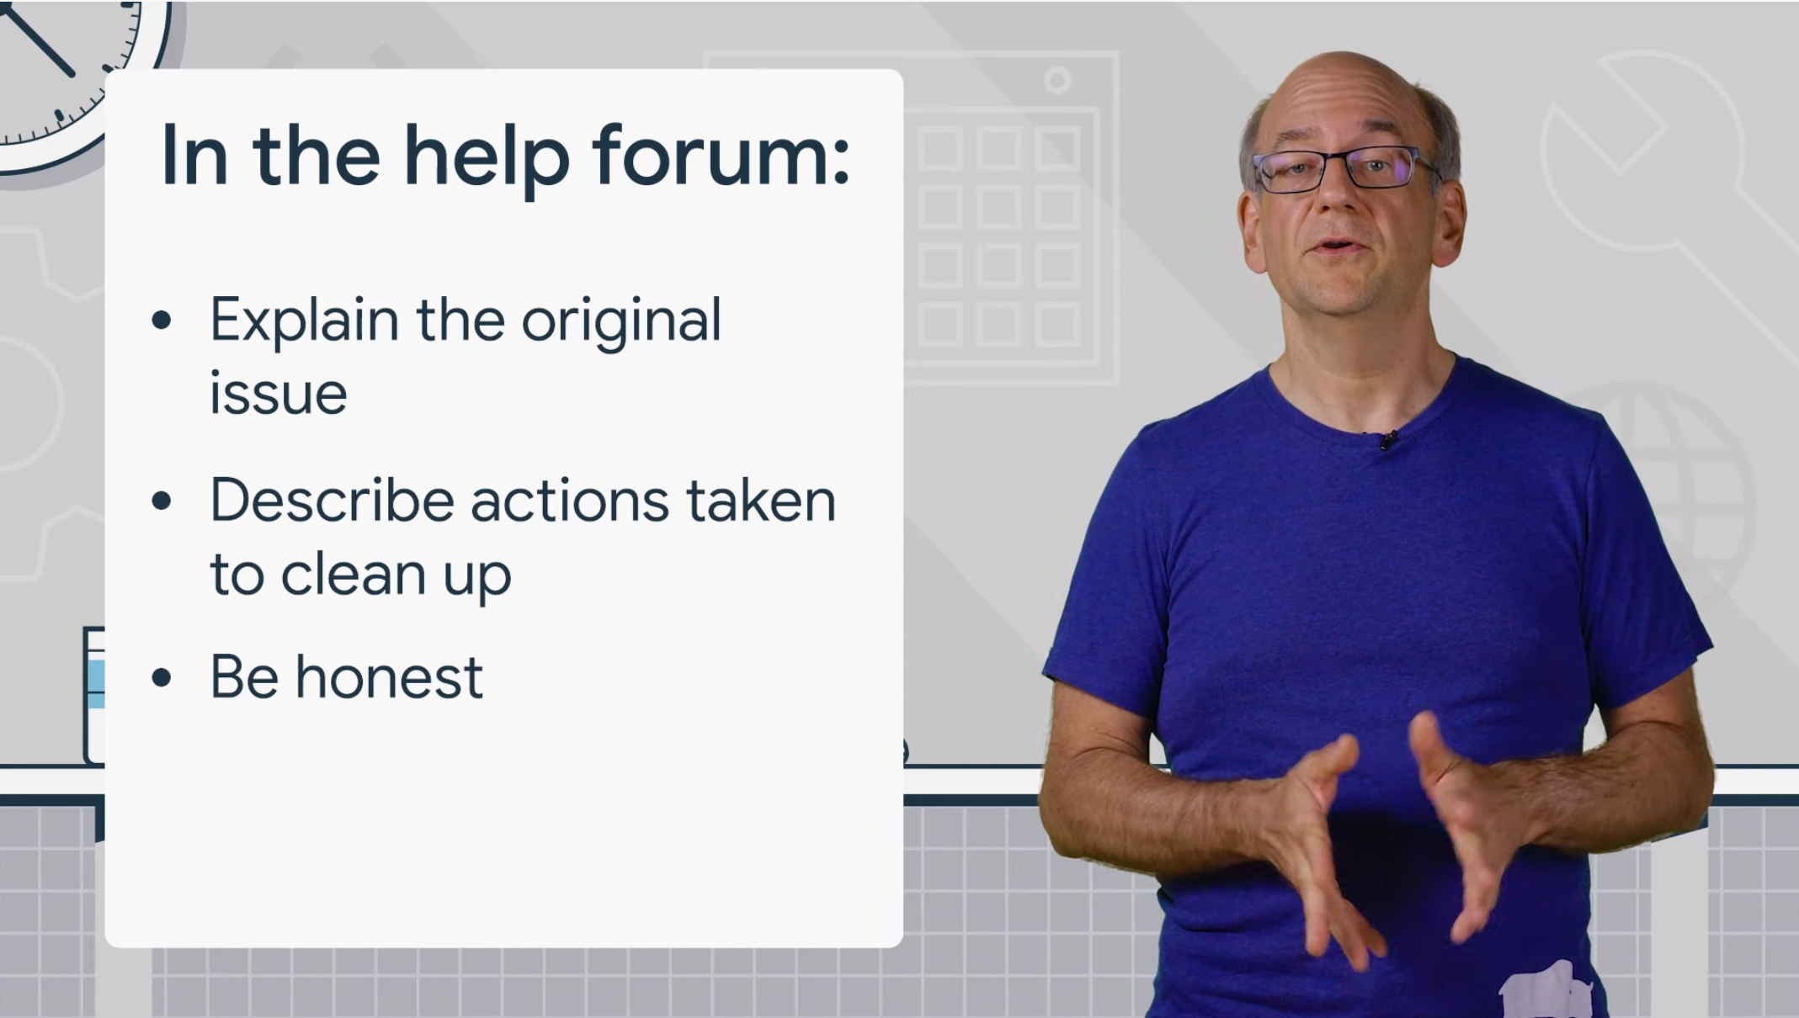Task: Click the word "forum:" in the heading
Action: coord(721,156)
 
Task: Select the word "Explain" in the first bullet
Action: coord(304,321)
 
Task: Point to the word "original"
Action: coord(621,321)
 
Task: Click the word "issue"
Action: coord(278,392)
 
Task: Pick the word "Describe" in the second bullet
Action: coord(333,501)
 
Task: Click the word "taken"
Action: coord(761,501)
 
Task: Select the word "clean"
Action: coord(353,574)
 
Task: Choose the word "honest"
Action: coord(389,677)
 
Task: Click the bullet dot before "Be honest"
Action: coord(162,677)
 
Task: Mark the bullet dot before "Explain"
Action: coord(162,321)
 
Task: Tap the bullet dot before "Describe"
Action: coord(162,501)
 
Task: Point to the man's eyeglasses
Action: coord(1343,168)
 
